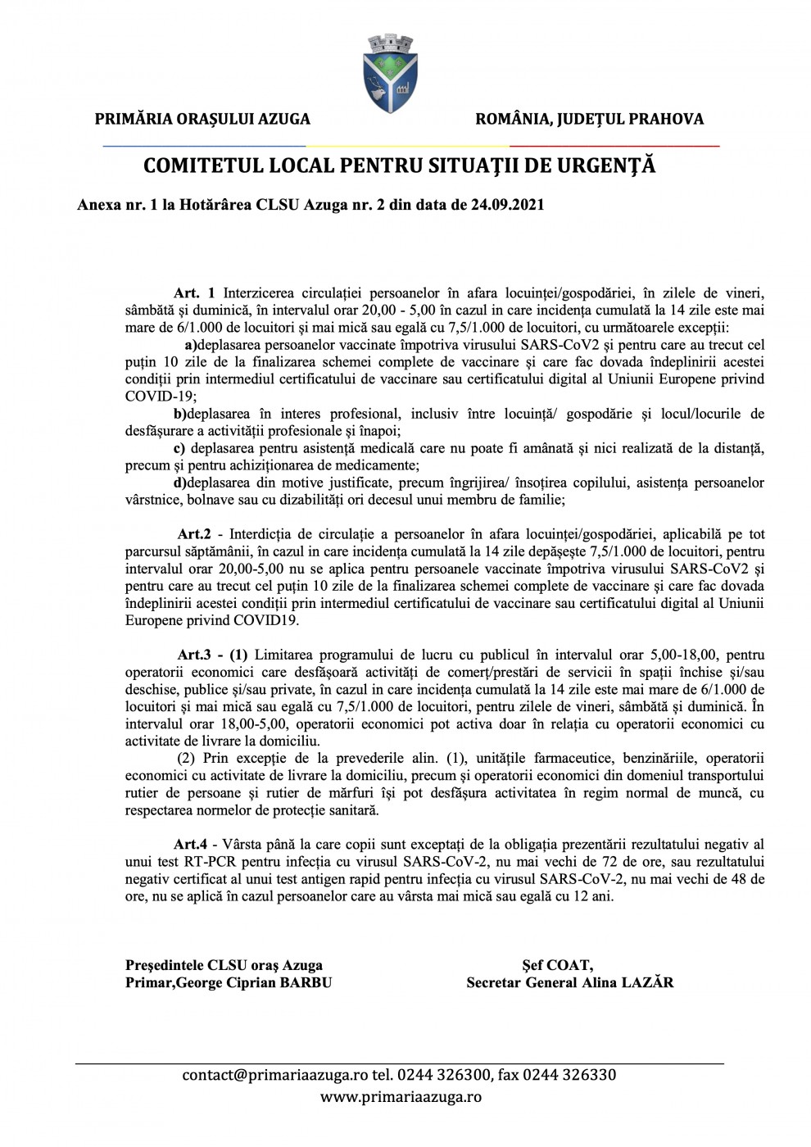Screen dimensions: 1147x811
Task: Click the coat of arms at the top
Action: (390, 74)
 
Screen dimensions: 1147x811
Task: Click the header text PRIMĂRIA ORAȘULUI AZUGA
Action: (202, 119)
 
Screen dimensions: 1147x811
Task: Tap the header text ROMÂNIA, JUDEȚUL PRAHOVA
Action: (589, 119)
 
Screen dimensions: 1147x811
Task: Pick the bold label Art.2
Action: (195, 534)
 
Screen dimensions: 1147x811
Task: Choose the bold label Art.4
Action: (191, 843)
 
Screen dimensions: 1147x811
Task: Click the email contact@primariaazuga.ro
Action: (275, 1075)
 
